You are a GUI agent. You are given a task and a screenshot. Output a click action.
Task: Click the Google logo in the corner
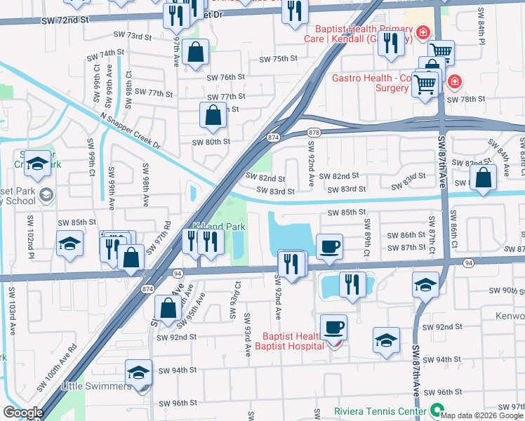(23, 413)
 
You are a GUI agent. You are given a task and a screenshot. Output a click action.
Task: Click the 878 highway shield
(313, 133)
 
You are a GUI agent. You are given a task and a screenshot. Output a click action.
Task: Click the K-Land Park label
(219, 227)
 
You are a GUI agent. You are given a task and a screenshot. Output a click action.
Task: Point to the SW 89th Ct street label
(366, 229)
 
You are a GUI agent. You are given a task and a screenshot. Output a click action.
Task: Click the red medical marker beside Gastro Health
(455, 82)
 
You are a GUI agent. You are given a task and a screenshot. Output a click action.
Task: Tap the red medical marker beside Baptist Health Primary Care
(423, 32)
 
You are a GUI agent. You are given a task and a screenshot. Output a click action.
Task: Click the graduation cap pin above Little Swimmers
(138, 372)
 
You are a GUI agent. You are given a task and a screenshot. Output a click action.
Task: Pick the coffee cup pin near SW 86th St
(329, 246)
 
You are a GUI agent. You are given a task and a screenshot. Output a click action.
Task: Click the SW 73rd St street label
(133, 36)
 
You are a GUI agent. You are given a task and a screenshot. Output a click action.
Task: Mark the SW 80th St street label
(211, 142)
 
